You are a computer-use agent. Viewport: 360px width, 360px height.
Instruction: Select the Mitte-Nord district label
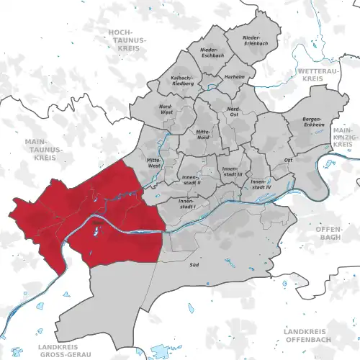click(x=203, y=135)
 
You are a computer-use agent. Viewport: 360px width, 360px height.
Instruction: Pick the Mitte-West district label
click(x=153, y=162)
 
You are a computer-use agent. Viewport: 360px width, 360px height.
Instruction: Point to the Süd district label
click(x=213, y=266)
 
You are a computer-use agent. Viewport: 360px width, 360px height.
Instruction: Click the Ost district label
click(x=287, y=159)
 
